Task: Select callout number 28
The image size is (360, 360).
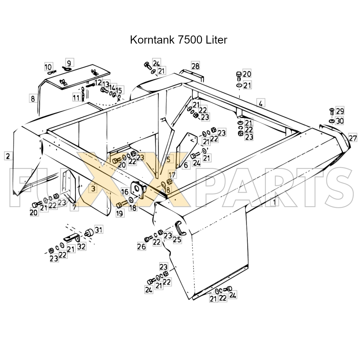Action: click(x=195, y=66)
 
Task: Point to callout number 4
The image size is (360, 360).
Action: click(x=261, y=103)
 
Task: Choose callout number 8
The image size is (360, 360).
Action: click(x=33, y=99)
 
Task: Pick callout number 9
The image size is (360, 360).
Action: click(x=69, y=62)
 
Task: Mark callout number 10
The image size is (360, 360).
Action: click(x=48, y=67)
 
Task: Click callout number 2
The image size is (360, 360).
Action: click(x=8, y=156)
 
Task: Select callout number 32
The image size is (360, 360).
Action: click(x=82, y=246)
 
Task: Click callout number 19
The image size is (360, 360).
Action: click(x=119, y=213)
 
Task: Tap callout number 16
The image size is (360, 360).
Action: click(x=125, y=192)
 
